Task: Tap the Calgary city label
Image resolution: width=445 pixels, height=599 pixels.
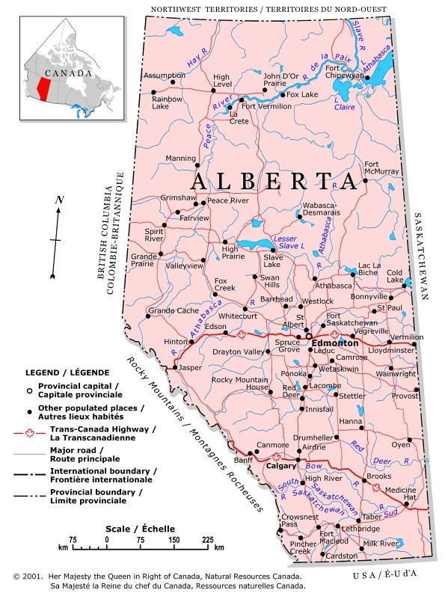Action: (282, 466)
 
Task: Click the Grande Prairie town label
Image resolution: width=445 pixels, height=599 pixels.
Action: (144, 259)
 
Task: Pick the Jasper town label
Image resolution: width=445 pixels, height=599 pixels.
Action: (191, 368)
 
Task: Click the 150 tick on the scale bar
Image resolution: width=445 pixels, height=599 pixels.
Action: (174, 538)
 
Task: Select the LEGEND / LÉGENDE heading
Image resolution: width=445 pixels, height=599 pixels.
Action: (67, 372)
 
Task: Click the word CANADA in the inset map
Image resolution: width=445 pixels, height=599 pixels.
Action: (62, 74)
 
